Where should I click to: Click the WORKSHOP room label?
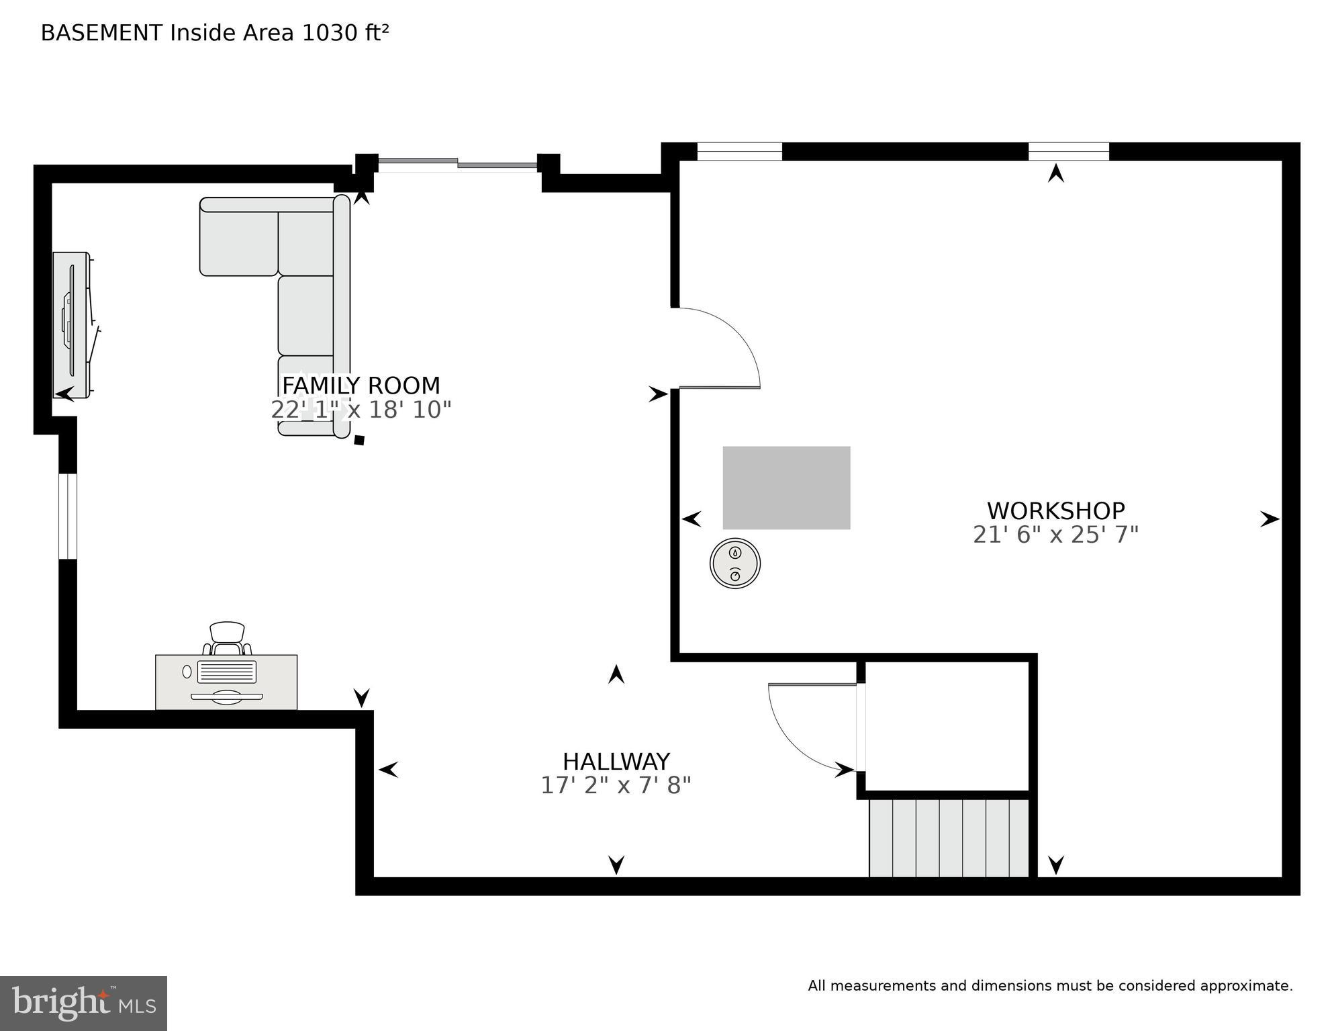pos(1055,511)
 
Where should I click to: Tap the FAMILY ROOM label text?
pos(361,386)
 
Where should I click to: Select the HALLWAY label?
pos(616,762)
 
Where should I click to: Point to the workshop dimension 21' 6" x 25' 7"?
pos(1055,535)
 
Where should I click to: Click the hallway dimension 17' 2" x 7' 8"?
pos(616,785)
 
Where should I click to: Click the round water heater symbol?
pos(735,564)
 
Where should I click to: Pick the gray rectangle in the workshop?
pos(786,488)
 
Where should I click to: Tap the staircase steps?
pos(949,838)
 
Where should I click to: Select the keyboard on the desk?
pos(226,671)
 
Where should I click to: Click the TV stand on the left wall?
pos(71,325)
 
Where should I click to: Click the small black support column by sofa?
pos(359,440)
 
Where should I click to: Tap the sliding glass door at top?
pos(458,163)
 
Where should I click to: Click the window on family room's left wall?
pos(68,516)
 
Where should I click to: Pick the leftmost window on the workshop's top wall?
pos(739,151)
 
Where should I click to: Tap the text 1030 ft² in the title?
pos(345,33)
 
